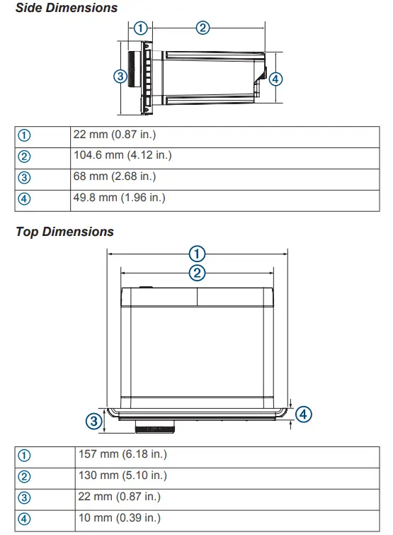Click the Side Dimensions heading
(67, 8)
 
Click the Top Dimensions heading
(64, 232)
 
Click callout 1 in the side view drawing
(141, 28)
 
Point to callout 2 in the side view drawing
(203, 28)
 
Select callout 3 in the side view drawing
(120, 76)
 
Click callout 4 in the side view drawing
(276, 79)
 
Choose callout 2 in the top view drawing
(197, 273)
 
